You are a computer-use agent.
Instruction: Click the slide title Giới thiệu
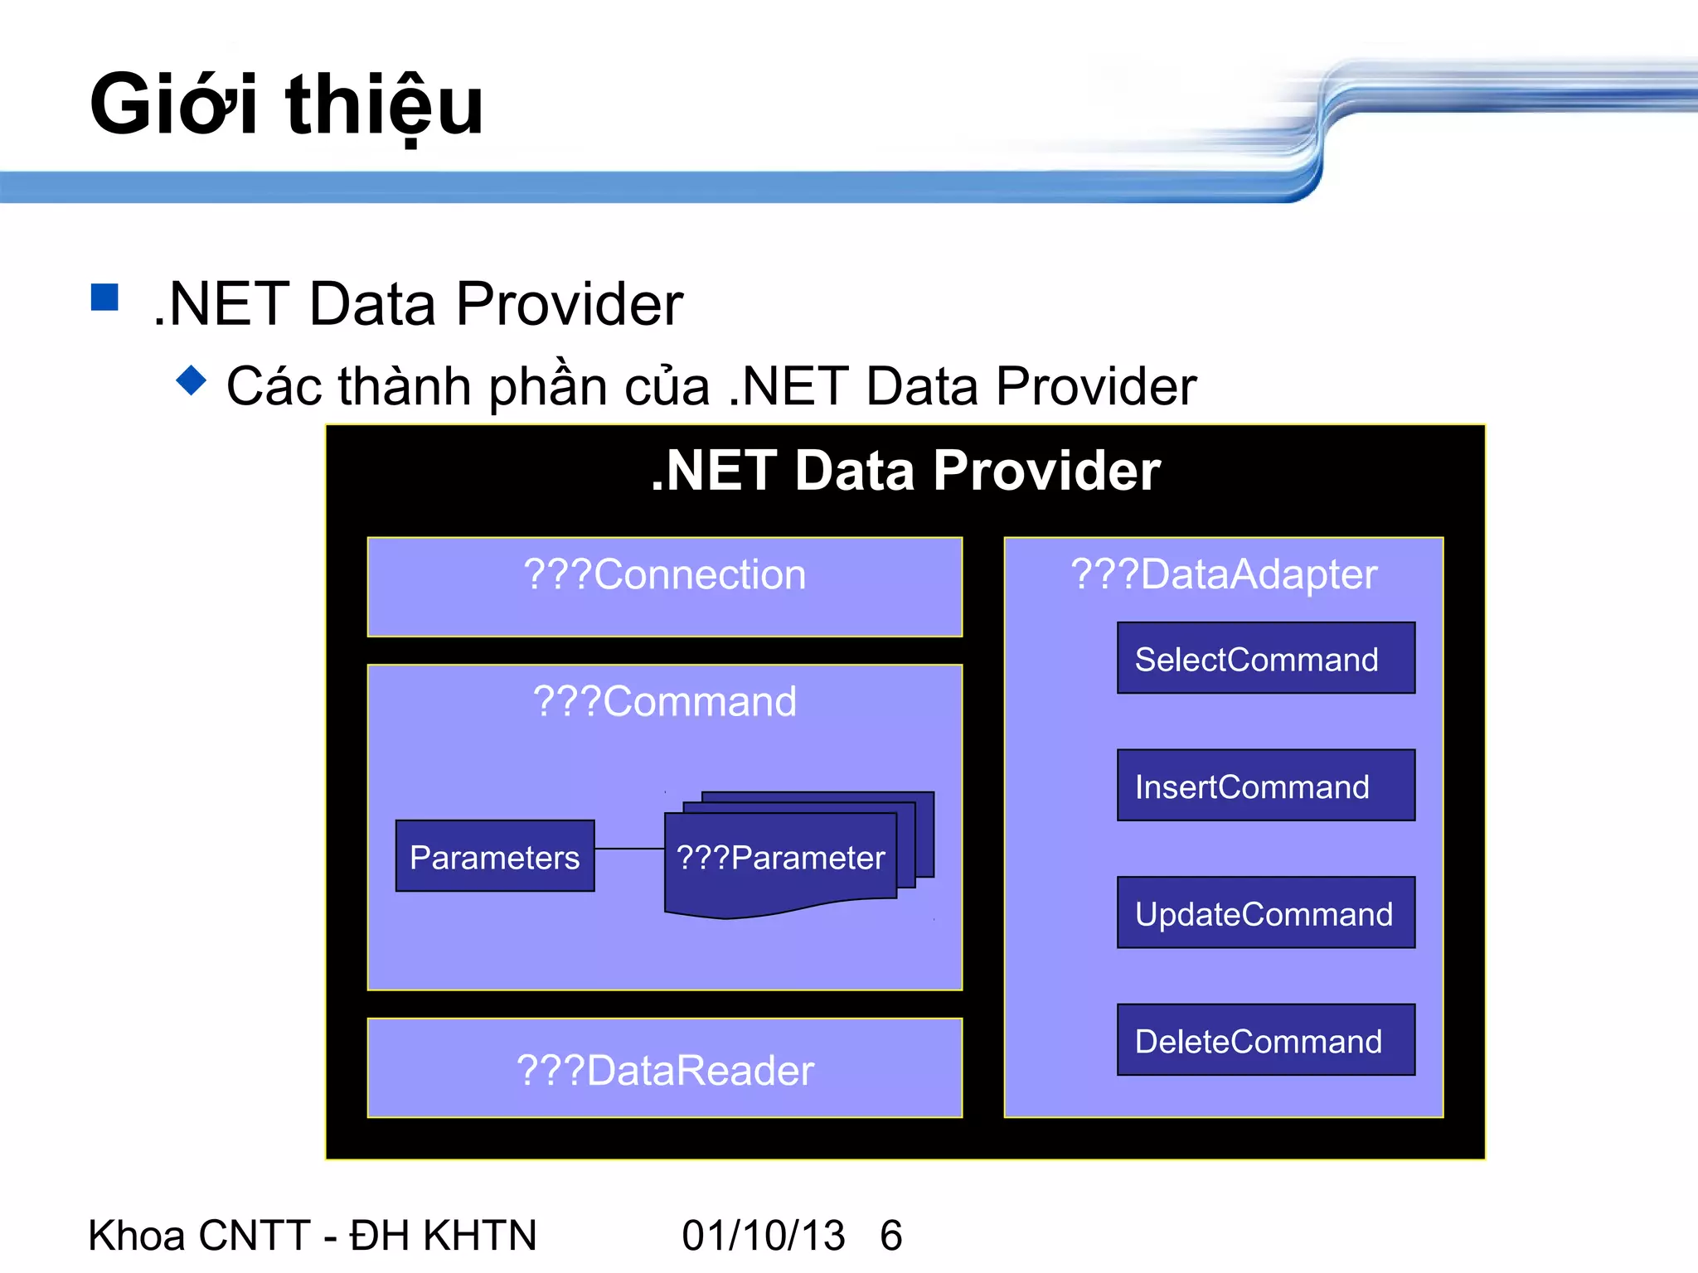pyautogui.click(x=286, y=105)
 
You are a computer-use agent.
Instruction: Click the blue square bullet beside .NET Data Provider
pyautogui.click(x=104, y=298)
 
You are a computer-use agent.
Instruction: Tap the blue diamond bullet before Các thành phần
pyautogui.click(x=192, y=380)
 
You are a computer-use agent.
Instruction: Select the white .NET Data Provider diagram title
pyautogui.click(x=905, y=471)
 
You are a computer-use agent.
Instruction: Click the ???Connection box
pyautogui.click(x=664, y=586)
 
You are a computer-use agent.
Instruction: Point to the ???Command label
pyautogui.click(x=664, y=701)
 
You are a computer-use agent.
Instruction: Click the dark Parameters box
pyautogui.click(x=495, y=856)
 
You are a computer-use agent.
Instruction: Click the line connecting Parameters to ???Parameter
pyautogui.click(x=629, y=849)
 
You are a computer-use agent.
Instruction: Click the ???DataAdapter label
pyautogui.click(x=1223, y=574)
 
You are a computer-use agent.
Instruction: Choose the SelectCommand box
pyautogui.click(x=1265, y=658)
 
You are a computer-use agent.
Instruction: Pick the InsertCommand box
pyautogui.click(x=1265, y=786)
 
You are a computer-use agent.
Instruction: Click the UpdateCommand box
pyautogui.click(x=1265, y=912)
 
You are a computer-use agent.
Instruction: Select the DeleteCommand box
pyautogui.click(x=1265, y=1040)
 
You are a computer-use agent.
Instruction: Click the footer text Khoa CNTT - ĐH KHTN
pyautogui.click(x=313, y=1235)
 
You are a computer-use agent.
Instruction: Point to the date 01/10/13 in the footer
pyautogui.click(x=763, y=1235)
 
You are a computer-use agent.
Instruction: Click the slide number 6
pyautogui.click(x=891, y=1235)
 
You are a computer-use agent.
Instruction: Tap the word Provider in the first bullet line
pyautogui.click(x=569, y=305)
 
